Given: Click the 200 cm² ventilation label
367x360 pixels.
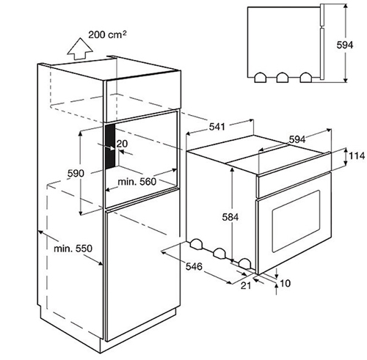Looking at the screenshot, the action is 107,34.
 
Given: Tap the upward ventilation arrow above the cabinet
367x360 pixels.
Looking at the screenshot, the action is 80,48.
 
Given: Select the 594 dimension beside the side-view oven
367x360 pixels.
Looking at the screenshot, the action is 345,45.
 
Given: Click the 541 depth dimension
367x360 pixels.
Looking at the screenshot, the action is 217,127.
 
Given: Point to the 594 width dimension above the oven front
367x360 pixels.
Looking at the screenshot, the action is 297,139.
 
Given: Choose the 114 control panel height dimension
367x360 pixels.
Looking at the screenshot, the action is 356,155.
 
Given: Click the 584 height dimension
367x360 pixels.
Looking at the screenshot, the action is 230,217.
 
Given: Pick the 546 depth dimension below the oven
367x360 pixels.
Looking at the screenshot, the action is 194,266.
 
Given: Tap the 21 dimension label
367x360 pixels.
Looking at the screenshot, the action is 246,285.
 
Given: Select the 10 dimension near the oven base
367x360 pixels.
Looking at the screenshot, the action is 285,283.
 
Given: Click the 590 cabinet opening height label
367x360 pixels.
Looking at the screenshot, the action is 76,173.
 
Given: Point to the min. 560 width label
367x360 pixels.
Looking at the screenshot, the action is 137,182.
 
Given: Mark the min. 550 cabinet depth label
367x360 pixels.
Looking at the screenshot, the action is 73,249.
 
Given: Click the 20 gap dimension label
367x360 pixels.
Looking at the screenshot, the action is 122,144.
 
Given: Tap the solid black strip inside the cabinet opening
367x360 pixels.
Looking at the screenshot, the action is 110,146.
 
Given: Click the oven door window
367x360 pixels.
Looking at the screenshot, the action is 296,221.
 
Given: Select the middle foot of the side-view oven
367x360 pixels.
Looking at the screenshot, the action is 283,78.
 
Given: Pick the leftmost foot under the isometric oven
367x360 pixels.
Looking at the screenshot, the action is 196,244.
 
